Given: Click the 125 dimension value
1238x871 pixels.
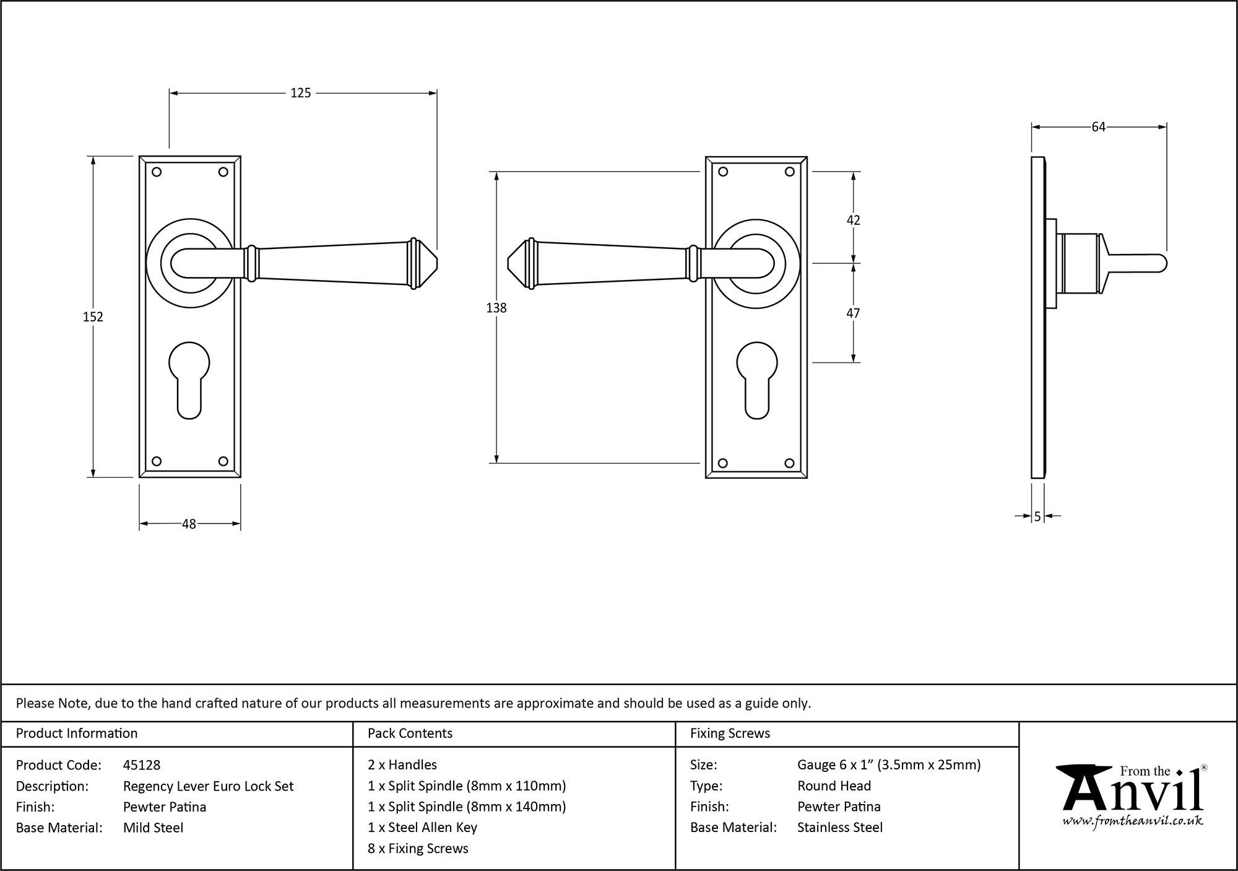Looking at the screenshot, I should [301, 93].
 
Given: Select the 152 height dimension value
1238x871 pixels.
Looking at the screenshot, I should [93, 317].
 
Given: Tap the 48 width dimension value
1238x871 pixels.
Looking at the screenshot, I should [189, 524].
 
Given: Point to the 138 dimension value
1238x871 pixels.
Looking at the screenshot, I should [496, 308].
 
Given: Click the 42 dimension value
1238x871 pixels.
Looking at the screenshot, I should [853, 221].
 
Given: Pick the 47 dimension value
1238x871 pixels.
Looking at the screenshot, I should [853, 313].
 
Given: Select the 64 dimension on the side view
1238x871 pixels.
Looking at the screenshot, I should [1098, 127].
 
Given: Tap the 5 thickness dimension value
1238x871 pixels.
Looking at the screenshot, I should [1037, 516].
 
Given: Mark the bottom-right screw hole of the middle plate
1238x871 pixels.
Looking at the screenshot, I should [789, 463].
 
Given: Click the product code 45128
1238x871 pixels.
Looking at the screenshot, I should [142, 765].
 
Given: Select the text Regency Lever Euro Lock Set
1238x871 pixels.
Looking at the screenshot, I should [209, 786].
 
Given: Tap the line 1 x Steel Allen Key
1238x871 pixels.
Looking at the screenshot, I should [422, 828].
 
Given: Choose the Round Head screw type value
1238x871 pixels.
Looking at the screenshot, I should [834, 786].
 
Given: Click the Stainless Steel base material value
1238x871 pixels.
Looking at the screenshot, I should [840, 828].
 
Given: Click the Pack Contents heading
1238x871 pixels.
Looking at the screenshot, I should [410, 733].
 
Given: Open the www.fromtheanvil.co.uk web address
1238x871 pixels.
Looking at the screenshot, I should [1133, 821].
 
